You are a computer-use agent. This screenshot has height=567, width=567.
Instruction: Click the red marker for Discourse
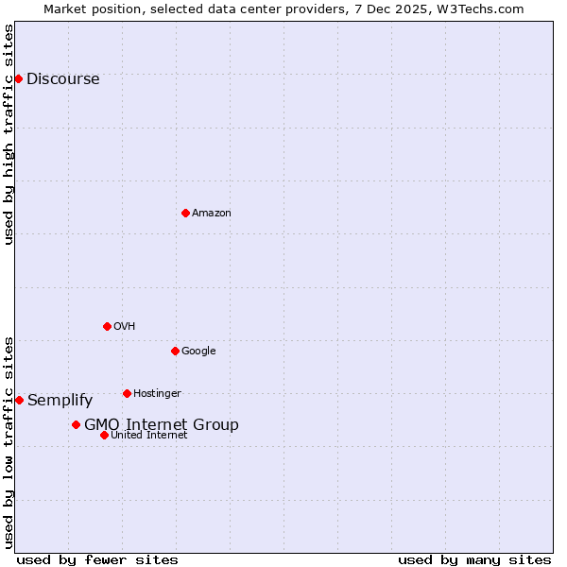point(18,78)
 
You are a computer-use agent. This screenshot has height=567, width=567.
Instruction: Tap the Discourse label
point(62,79)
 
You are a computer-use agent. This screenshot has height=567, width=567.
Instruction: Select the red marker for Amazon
point(185,213)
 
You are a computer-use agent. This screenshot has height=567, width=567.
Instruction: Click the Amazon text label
point(211,214)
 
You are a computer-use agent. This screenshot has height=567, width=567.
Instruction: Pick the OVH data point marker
point(107,326)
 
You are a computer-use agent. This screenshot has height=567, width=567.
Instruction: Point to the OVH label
point(124,327)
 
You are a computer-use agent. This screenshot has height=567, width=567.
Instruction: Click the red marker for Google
point(175,351)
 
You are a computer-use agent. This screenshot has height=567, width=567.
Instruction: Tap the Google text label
point(198,352)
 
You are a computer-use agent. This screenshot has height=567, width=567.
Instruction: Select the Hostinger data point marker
point(127,393)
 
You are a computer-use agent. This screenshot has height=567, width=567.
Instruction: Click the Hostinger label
point(157,394)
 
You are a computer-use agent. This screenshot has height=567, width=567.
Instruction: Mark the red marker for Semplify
point(19,400)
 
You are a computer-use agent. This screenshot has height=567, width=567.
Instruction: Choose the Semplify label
point(60,401)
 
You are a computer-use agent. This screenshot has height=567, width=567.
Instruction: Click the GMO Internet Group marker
point(76,424)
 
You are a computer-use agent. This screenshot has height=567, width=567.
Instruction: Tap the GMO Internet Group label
point(161,425)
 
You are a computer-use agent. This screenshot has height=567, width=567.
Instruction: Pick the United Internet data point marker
point(104,435)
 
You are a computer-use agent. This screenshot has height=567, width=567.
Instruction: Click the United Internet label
point(148,436)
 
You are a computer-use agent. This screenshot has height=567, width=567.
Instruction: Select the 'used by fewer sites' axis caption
point(97,560)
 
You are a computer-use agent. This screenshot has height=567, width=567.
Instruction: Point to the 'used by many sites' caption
point(474,560)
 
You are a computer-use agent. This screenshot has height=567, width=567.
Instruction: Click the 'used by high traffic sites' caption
point(9,134)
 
